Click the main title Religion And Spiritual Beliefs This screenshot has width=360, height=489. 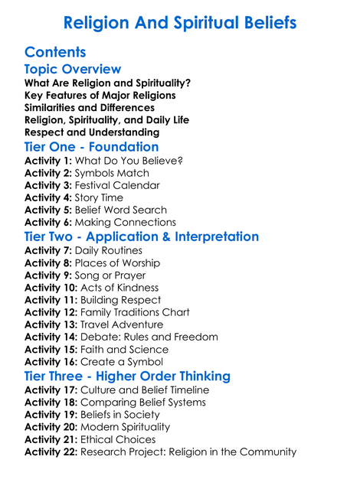pos(179,23)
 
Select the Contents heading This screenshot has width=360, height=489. pos(55,53)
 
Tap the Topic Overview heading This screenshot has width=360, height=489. pos(73,70)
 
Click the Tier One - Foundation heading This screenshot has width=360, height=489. pos(92,146)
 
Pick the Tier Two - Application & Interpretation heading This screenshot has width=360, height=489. pos(142,236)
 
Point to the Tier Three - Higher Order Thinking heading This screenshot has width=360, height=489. pos(127,376)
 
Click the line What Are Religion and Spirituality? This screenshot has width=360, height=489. pos(108,83)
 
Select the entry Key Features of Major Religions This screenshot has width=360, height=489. pos(100,95)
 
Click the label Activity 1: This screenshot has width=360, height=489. pos(48,161)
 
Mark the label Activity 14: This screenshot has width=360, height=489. pos(51,337)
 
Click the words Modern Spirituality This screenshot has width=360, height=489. pos(126,427)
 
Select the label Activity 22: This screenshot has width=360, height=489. pos(51,452)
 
